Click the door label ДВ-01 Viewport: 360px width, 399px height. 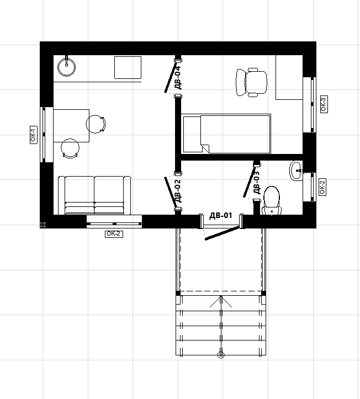tap(221, 216)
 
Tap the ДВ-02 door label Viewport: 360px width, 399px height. tap(178, 190)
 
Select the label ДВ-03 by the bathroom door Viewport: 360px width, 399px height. tap(257, 182)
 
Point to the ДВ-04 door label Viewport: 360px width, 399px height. tap(178, 77)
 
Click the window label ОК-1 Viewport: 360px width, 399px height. tap(34, 135)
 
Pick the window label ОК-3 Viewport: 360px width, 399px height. tap(324, 104)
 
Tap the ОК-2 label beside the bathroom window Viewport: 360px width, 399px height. tap(322, 187)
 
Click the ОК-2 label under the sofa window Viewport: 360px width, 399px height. tap(114, 234)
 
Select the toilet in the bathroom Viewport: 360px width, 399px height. tap(272, 201)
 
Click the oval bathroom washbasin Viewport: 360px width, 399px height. tap(296, 171)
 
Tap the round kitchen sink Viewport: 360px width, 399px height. tap(66, 67)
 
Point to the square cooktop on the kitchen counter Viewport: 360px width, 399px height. tap(128, 67)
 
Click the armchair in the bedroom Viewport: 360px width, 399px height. tap(252, 82)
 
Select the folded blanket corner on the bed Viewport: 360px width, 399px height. tap(205, 148)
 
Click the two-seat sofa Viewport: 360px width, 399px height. tap(94, 195)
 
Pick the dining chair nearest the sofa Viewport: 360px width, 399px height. tap(70, 148)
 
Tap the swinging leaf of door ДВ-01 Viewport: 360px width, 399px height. tap(223, 233)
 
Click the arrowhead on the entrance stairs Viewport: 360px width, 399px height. tap(221, 301)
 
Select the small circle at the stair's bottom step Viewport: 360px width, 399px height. tap(221, 355)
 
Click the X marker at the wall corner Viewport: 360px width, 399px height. tap(43, 225)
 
